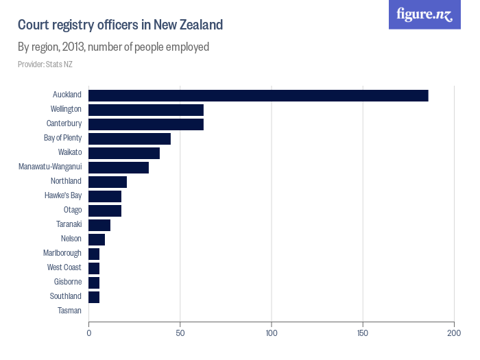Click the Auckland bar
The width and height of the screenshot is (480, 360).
258,95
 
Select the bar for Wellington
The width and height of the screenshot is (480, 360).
146,110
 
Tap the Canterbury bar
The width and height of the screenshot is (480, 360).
146,124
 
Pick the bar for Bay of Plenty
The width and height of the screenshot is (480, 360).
130,139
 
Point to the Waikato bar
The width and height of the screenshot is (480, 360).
124,153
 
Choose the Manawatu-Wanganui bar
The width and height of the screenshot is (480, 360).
119,167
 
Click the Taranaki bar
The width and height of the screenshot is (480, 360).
99,225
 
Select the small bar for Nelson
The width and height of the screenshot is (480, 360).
97,239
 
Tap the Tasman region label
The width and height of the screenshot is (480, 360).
69,311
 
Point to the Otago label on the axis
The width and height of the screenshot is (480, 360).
72,210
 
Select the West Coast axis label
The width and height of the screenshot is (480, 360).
64,267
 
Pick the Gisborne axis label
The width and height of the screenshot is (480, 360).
67,282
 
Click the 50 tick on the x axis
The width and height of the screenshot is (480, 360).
180,333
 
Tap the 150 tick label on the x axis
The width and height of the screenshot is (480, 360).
363,333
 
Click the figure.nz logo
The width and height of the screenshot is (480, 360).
424,14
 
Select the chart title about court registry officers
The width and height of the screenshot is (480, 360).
120,25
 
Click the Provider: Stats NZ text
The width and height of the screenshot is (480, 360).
45,64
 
